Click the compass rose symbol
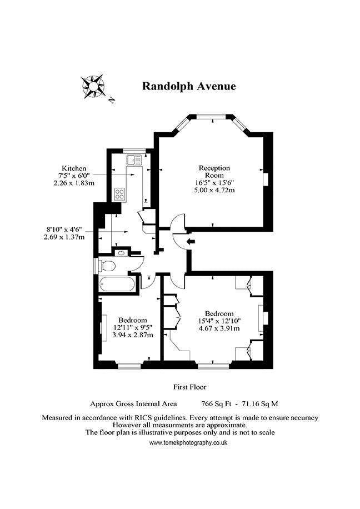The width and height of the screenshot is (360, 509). [x=93, y=86]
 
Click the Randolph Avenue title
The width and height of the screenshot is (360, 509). [x=189, y=86]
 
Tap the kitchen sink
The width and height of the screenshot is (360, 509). [x=134, y=160]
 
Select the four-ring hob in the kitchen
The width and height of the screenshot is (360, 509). [x=119, y=194]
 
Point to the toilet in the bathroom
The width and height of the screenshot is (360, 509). [x=107, y=266]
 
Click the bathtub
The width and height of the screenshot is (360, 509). [x=117, y=285]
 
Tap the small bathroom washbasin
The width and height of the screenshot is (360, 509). [x=122, y=253]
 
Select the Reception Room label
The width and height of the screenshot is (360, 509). [x=214, y=171]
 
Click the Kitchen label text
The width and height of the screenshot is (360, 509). [x=74, y=168]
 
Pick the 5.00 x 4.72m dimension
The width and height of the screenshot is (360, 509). [x=214, y=190]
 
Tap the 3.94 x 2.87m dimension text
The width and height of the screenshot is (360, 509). [x=133, y=335]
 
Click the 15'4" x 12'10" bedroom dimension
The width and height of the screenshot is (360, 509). [x=219, y=321]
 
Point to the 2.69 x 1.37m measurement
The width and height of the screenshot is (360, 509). [x=64, y=237]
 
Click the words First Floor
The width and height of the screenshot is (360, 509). [x=190, y=387]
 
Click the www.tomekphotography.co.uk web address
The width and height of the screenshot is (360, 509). [x=188, y=442]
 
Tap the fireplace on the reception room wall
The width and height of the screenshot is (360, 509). [x=266, y=179]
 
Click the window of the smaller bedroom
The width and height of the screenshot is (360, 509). [x=129, y=366]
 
